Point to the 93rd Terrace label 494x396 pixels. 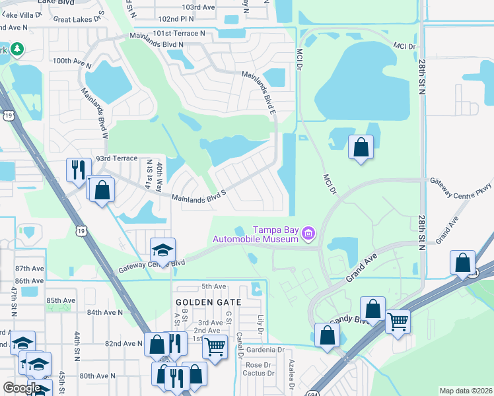click(116, 159)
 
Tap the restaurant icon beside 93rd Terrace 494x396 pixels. click(78, 169)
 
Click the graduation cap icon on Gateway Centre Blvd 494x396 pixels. click(162, 249)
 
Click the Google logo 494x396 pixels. click(22, 388)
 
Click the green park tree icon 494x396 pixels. click(16, 49)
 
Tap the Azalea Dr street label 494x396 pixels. click(292, 373)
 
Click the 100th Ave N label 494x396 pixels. click(71, 61)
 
